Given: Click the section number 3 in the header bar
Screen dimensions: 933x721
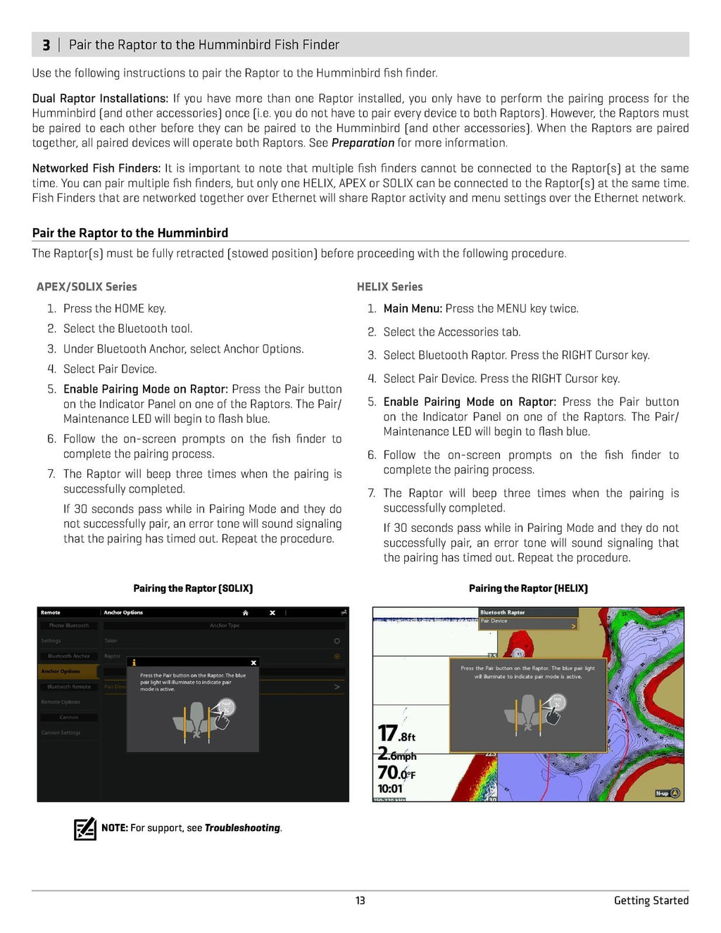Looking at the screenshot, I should [46, 45].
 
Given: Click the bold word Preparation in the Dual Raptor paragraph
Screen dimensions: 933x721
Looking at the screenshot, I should [363, 143].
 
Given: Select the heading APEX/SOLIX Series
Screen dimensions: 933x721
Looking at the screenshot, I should [87, 287].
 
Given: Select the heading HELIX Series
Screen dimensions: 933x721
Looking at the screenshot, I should [389, 287].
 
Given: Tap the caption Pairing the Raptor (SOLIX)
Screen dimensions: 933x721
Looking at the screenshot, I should [193, 588].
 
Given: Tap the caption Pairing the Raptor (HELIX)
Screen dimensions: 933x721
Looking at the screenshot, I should [528, 588].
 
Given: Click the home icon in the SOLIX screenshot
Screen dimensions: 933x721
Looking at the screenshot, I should [245, 613].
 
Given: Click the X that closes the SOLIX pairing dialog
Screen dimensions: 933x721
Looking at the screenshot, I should [253, 663].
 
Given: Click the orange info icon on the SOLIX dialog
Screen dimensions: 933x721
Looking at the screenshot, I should [134, 663].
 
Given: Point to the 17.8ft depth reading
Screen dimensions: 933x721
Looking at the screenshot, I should [396, 734].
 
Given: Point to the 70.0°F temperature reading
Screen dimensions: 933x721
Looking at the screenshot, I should [396, 773].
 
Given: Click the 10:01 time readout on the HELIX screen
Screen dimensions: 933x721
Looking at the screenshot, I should [390, 789].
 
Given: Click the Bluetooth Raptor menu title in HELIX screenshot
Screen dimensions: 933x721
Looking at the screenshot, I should [503, 612].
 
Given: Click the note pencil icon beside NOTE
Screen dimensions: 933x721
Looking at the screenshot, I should [84, 828].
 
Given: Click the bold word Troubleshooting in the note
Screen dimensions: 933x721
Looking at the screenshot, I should [242, 828].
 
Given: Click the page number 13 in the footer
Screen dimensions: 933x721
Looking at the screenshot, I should [360, 901].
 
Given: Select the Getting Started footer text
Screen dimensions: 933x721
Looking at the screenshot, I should [651, 901].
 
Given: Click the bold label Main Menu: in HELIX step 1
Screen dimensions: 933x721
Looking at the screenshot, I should [413, 309].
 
